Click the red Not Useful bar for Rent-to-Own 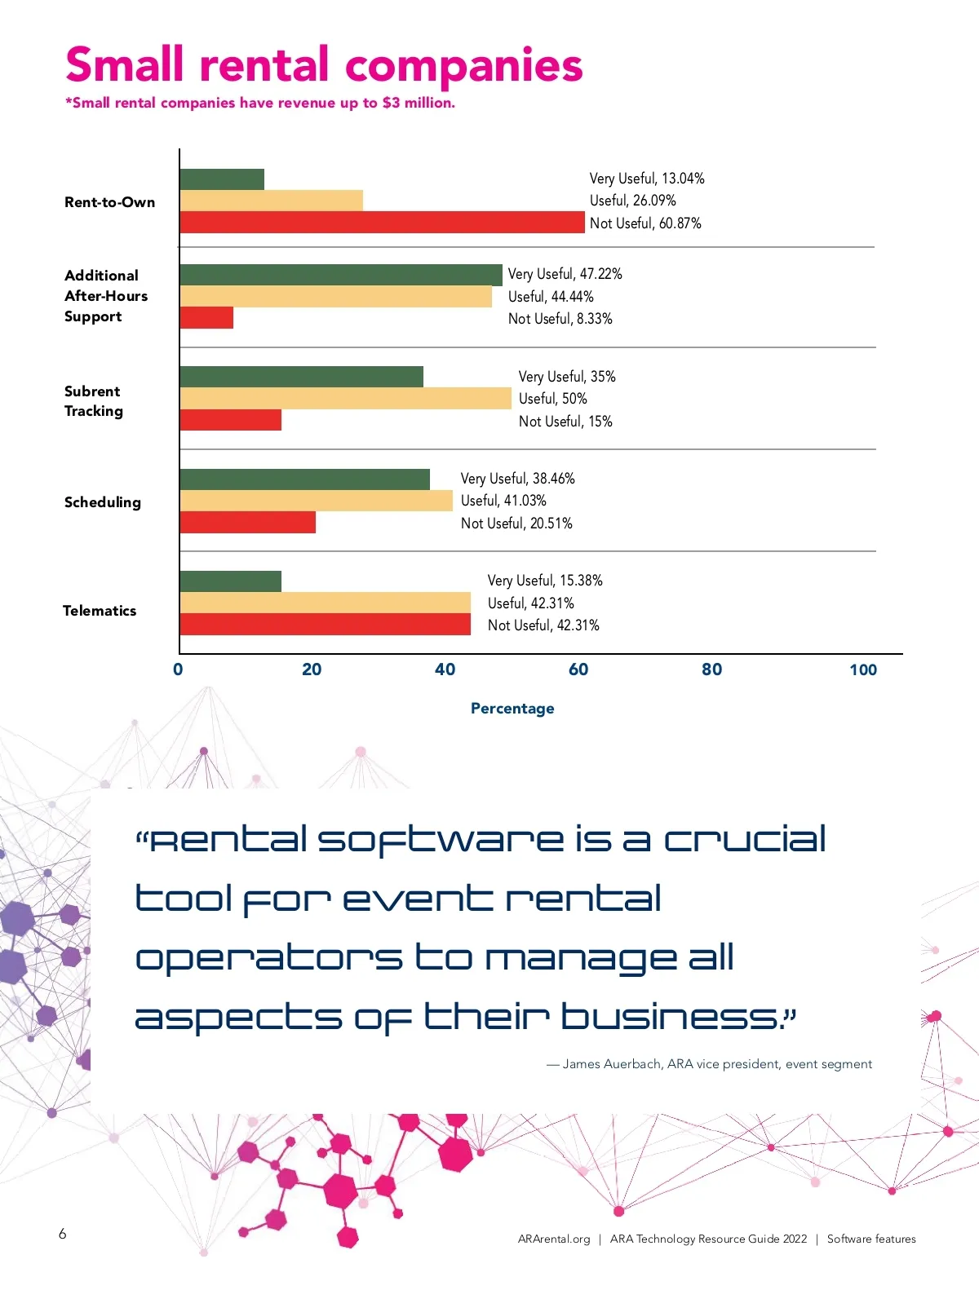[382, 223]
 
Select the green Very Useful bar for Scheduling [304, 479]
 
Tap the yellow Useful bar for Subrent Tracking [345, 399]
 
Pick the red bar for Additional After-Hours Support [206, 318]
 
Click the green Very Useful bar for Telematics [230, 581]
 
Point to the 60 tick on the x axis [578, 669]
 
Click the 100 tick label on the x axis [863, 669]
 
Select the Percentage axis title [512, 709]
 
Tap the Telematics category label [100, 611]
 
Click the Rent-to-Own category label [109, 202]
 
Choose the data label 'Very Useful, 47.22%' [565, 274]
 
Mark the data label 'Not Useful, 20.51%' [516, 524]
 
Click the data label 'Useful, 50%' [552, 399]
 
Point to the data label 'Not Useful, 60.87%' [645, 223]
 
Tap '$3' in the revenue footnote [392, 103]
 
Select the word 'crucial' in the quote [744, 840]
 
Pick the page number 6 [63, 1234]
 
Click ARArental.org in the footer [554, 1239]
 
